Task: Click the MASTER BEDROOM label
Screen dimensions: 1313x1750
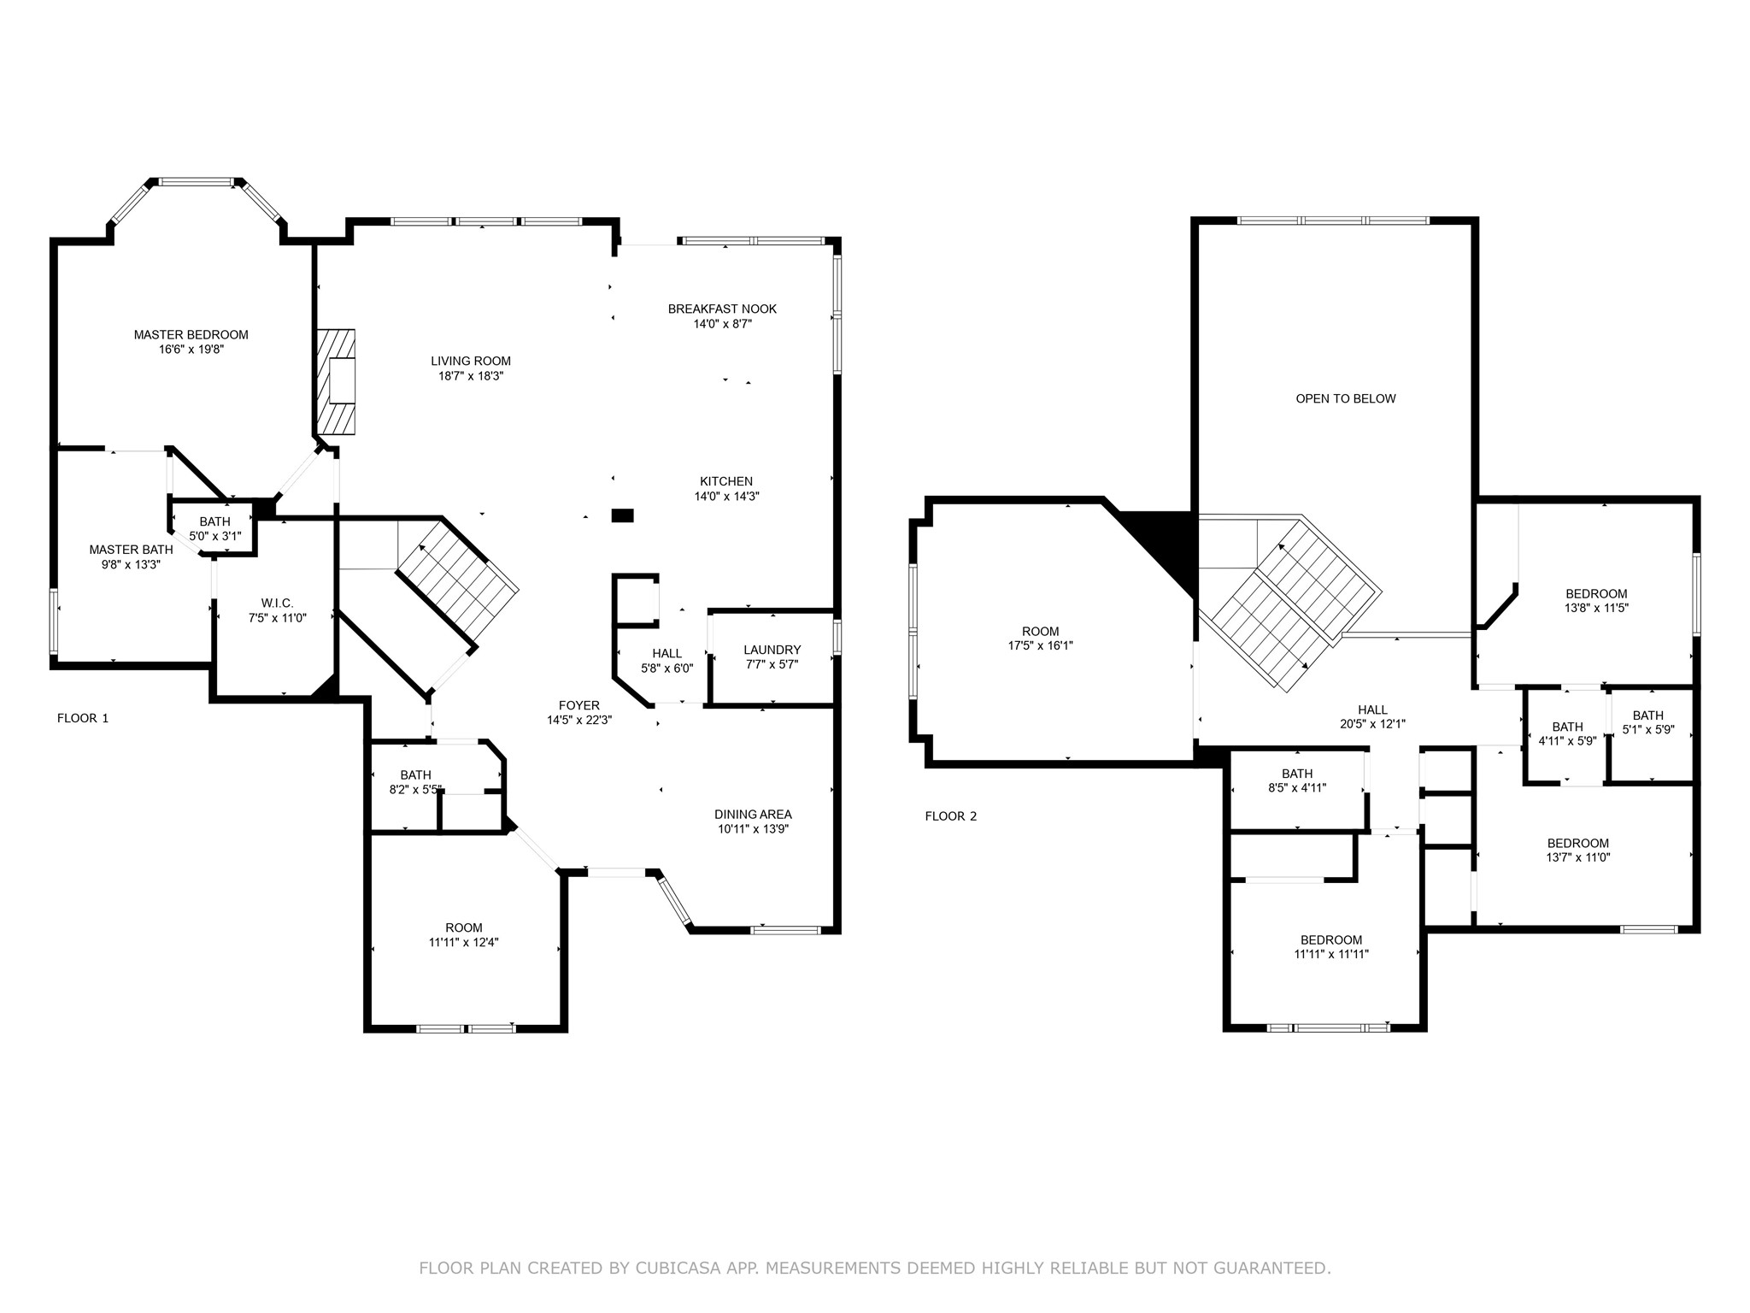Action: [191, 335]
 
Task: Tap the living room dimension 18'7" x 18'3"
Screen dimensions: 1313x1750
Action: [471, 376]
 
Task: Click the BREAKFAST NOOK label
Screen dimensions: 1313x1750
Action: [722, 309]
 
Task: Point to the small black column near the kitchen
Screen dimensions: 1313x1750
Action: [623, 515]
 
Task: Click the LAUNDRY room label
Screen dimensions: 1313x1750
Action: [772, 650]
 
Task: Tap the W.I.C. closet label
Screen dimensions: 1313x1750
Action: [277, 604]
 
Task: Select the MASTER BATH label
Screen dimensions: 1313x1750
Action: [131, 550]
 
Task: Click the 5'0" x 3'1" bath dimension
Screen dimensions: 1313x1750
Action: [214, 537]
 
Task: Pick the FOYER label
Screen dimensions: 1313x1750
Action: [579, 705]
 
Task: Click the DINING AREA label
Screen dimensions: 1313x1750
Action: [753, 814]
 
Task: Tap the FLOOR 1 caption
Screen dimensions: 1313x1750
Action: [83, 718]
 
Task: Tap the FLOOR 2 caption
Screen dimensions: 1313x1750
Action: [950, 816]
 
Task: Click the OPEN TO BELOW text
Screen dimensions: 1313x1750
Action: [1345, 398]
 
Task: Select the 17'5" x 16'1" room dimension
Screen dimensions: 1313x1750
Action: [1040, 646]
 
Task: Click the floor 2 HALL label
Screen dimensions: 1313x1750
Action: [1372, 709]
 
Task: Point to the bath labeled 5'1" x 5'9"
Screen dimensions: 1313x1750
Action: [1647, 723]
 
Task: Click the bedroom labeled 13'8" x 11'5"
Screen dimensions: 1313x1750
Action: [1595, 601]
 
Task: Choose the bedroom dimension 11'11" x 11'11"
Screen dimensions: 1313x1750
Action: [1330, 955]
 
